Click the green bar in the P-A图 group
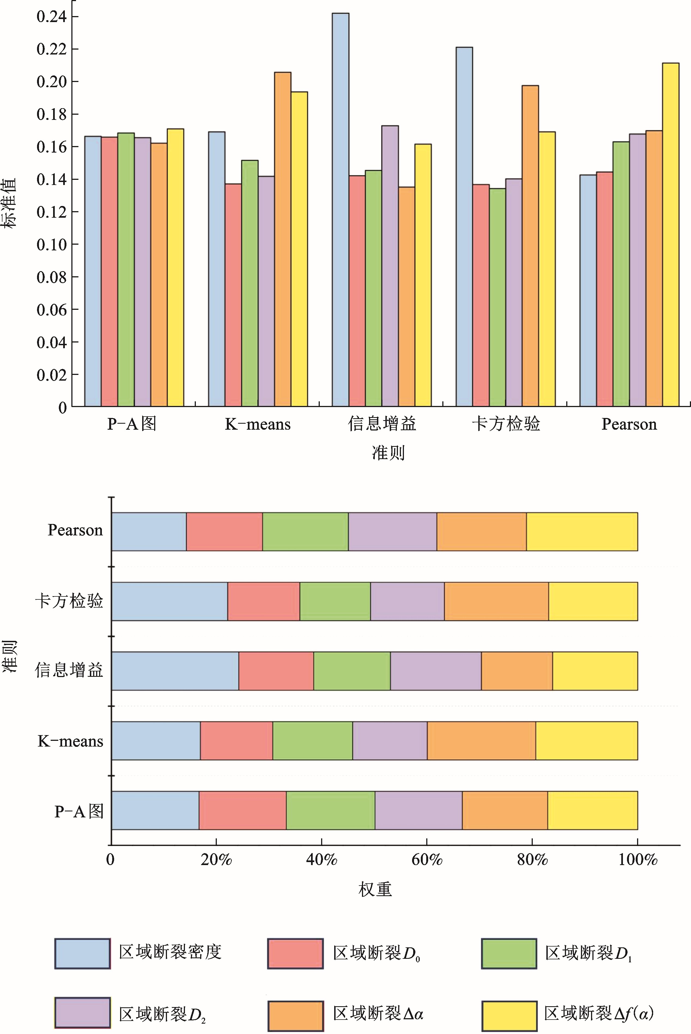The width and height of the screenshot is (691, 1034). [126, 269]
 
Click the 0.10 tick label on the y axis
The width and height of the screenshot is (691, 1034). [51, 245]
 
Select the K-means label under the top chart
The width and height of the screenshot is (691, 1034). [258, 424]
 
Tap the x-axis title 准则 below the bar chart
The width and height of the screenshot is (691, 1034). [388, 453]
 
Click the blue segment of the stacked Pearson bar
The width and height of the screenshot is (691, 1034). [149, 532]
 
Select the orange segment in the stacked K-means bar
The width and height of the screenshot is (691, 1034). [481, 741]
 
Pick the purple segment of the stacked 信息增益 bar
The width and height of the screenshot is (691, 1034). [436, 671]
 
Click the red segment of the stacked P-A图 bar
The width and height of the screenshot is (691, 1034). [242, 810]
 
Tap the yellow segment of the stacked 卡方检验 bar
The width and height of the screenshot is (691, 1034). [593, 601]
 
